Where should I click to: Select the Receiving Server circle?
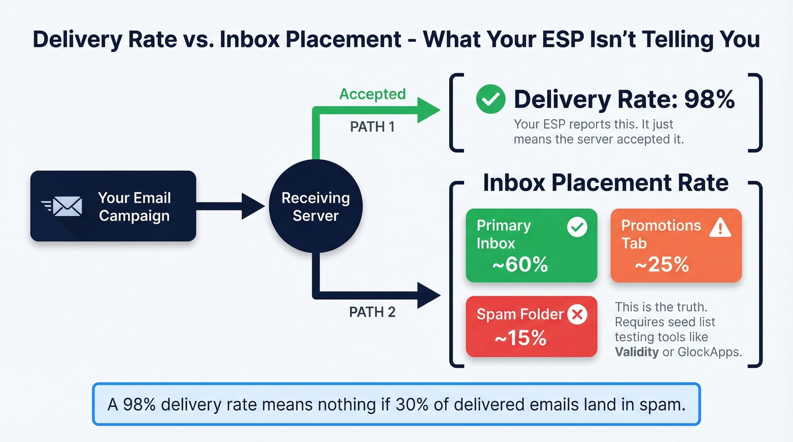pos(316,207)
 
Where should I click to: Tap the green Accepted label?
pos(372,94)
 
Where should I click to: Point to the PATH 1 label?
pos(372,126)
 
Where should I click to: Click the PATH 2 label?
pos(372,311)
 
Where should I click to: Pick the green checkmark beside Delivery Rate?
pos(491,100)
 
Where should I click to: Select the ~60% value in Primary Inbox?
pos(519,264)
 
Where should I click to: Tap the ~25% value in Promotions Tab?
pos(661,264)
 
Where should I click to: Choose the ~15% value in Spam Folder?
pos(520,338)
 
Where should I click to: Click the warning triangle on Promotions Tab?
pos(720,228)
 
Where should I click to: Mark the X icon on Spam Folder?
pos(577,315)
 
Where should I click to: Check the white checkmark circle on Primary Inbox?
pos(577,228)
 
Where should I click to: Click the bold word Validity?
pos(637,351)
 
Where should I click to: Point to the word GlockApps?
pos(709,351)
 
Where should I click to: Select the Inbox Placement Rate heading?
pos(606,183)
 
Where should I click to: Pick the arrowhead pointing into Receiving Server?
pos(254,207)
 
